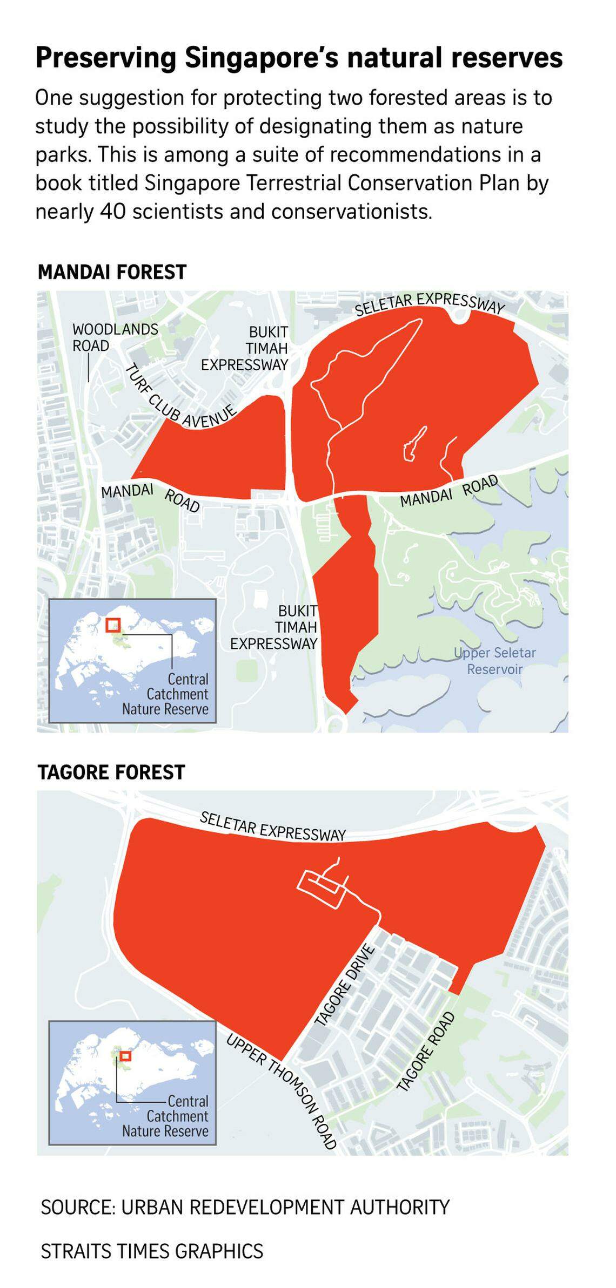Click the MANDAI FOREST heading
click(x=112, y=272)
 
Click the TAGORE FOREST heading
click(x=111, y=772)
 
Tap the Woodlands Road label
click(x=115, y=337)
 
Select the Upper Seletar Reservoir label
click(x=495, y=660)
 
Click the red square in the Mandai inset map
click(x=113, y=625)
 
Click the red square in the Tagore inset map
click(x=125, y=1056)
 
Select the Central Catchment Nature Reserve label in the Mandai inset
click(x=165, y=694)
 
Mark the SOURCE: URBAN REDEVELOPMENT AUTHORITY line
click(x=245, y=1206)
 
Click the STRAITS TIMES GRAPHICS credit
click(x=152, y=1251)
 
